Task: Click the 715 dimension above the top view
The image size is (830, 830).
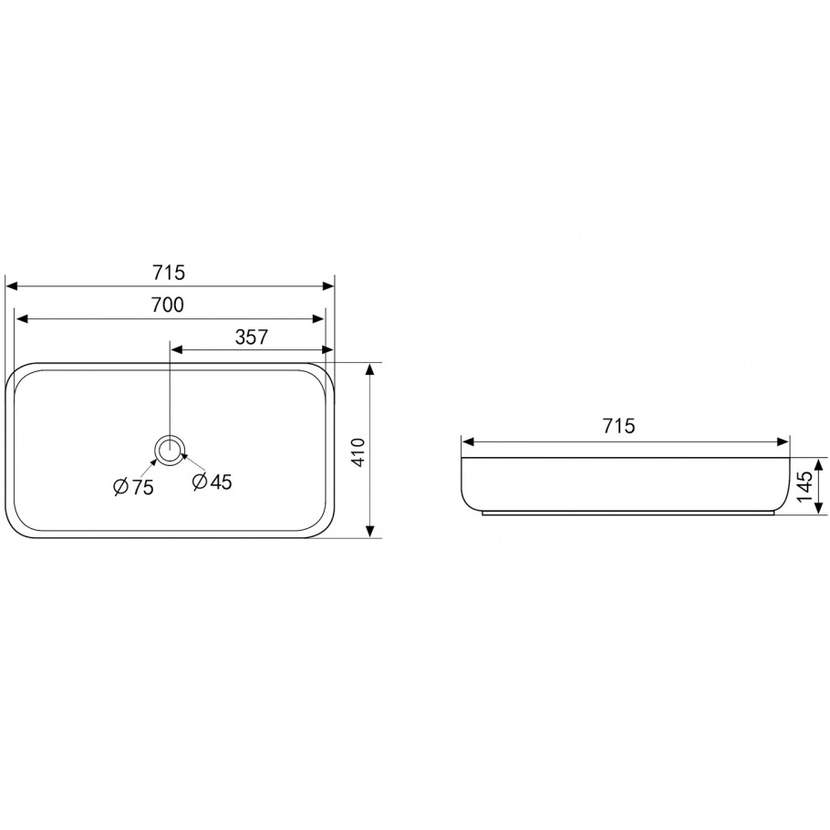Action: pyautogui.click(x=169, y=273)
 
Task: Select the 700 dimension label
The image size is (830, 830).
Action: pyautogui.click(x=168, y=305)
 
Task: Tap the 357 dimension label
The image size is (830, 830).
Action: pyautogui.click(x=252, y=337)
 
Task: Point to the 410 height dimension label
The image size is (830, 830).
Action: pyautogui.click(x=358, y=451)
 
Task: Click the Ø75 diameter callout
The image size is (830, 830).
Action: pyautogui.click(x=133, y=487)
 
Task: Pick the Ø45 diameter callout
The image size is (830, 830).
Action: pyautogui.click(x=213, y=482)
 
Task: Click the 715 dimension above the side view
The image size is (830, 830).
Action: pyautogui.click(x=618, y=425)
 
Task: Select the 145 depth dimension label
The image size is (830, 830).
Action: pyautogui.click(x=804, y=486)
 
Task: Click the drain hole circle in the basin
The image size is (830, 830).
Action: pyautogui.click(x=170, y=451)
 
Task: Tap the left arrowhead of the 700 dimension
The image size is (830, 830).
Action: pyautogui.click(x=21, y=319)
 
